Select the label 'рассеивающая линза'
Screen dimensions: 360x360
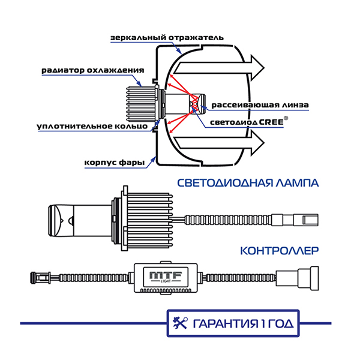click(x=260, y=104)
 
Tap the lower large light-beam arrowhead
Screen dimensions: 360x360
click(x=257, y=143)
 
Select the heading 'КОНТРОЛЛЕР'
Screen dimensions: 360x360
click(x=278, y=251)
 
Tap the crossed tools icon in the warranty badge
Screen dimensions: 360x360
click(x=180, y=323)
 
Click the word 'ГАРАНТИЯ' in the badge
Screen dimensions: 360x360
click(x=223, y=324)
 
